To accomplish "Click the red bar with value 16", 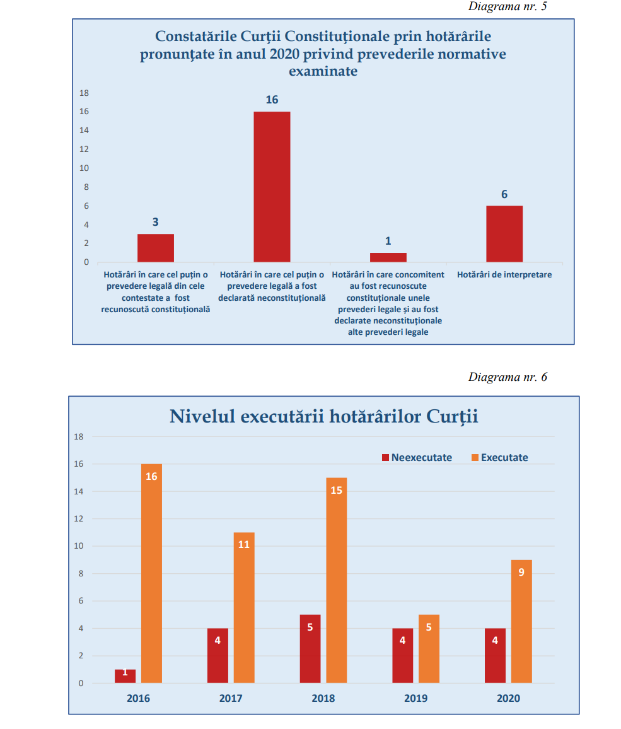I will tap(272, 187).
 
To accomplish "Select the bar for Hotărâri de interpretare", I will tap(504, 234).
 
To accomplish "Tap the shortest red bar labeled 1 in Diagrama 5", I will tap(388, 257).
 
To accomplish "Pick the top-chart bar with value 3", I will tap(156, 248).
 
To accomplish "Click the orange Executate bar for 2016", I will tap(151, 573).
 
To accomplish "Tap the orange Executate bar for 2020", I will tap(521, 621).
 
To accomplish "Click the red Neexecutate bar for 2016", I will tap(125, 676).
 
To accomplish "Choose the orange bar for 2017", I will tap(244, 607).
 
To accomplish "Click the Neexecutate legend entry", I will tap(417, 458).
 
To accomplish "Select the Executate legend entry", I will tap(499, 458).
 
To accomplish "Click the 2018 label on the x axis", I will tap(323, 698).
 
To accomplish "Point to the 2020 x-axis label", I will tap(508, 698).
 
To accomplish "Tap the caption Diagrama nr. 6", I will tap(508, 377).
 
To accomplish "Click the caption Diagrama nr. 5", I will tap(508, 6).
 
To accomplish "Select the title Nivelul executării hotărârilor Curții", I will tap(323, 417).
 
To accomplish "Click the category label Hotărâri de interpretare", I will tap(504, 275).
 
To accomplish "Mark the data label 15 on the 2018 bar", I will tap(336, 490).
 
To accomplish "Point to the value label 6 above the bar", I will tap(504, 194).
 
